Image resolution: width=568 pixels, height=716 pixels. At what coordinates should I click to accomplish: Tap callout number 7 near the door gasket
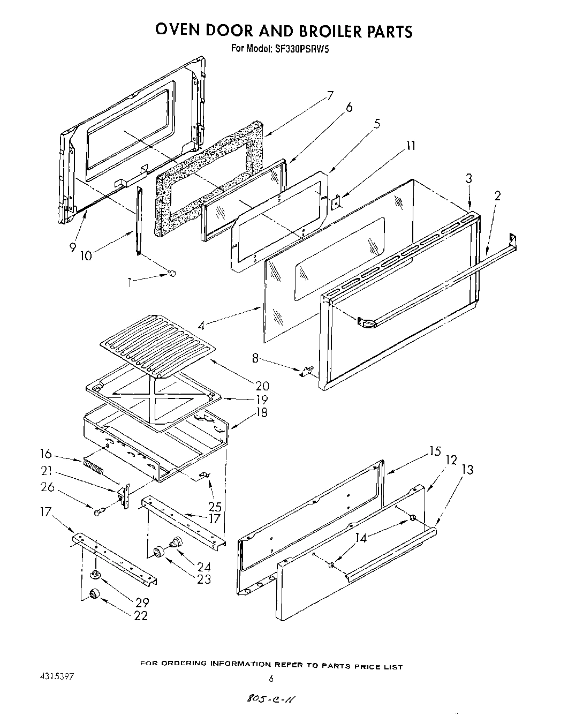pos(330,96)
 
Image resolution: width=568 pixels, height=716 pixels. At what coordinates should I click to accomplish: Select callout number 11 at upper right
pos(411,146)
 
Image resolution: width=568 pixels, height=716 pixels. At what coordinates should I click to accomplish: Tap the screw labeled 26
pos(99,513)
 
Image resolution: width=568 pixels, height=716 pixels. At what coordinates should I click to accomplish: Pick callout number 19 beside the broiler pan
pos(262,399)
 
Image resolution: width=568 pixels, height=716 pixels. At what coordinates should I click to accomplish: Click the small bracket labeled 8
pos(307,371)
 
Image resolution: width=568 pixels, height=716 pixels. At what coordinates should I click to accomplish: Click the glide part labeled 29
pos(95,575)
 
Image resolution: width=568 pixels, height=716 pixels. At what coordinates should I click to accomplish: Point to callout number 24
pos(204,566)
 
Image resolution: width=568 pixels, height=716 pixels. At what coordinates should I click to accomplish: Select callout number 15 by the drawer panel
pos(435,451)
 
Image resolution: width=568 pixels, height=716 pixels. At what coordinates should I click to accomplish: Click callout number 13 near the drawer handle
pos(467,470)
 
